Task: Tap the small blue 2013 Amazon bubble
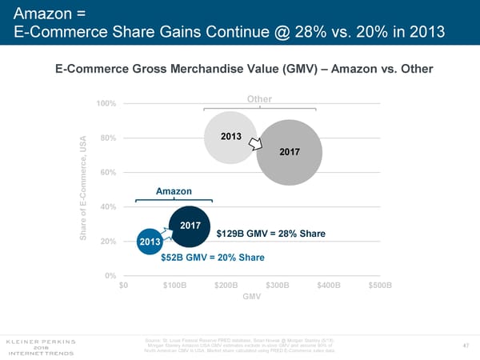[150, 242]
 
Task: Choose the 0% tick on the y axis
[111, 276]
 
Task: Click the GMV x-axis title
[252, 298]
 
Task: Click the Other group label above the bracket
[260, 99]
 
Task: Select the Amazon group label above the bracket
[174, 191]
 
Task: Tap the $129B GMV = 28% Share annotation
[270, 234]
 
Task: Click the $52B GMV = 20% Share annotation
[212, 258]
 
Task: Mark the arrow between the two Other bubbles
[255, 143]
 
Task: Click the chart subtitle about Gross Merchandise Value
[244, 69]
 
